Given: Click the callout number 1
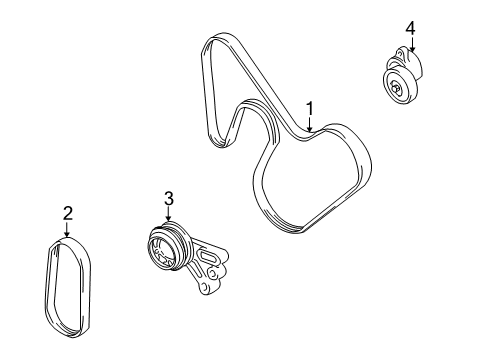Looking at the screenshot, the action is tap(310, 109).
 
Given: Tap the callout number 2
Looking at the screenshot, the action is tap(68, 213).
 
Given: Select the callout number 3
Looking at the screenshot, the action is tap(169, 198).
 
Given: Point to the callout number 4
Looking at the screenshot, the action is tap(410, 28).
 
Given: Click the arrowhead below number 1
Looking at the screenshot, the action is tap(310, 129).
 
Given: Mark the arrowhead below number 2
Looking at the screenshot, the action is tap(67, 234).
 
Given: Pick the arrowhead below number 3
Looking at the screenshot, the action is tap(169, 217).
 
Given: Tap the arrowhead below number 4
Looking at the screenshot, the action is tap(412, 49).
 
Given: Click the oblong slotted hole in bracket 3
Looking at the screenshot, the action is tap(208, 258).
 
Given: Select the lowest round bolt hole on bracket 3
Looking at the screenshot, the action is tap(204, 287).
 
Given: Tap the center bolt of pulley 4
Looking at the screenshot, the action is tap(396, 88).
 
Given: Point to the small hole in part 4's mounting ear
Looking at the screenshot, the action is tap(399, 55).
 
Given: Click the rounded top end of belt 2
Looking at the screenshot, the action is tap(66, 241).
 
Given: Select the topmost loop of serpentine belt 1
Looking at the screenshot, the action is tap(217, 37).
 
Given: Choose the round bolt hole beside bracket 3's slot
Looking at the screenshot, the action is tap(212, 274).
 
